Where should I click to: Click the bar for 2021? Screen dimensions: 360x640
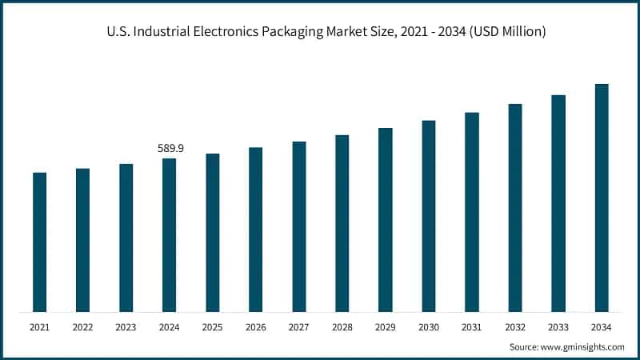coord(40,242)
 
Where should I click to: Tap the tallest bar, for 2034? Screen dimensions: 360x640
coord(602,198)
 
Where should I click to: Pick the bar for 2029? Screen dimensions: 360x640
coord(386,219)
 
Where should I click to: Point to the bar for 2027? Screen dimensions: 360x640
coord(299,226)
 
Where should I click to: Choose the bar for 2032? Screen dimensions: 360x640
coord(515,207)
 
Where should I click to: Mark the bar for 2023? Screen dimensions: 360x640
coord(126,238)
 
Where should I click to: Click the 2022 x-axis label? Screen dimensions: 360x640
coord(83,327)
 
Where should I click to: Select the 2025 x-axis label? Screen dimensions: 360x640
coord(213,327)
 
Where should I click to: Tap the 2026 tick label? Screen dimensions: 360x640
coord(256,327)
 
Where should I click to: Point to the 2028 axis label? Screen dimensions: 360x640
coord(342,327)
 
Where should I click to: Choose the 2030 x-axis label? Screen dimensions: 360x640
coord(429,327)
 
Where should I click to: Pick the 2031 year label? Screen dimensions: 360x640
coord(472,327)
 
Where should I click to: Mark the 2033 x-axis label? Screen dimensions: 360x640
coord(558,327)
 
